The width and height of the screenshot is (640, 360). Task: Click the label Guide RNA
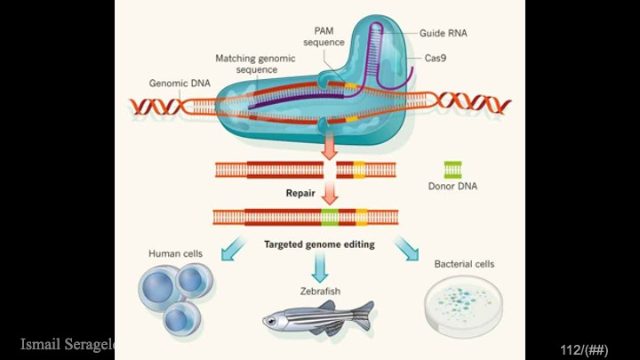click(x=444, y=33)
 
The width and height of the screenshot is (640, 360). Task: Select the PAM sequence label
click(x=324, y=36)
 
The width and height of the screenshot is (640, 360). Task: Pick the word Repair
click(x=300, y=192)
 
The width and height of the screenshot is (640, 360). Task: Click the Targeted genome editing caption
click(x=319, y=244)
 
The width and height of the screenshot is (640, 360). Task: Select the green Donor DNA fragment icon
click(x=452, y=169)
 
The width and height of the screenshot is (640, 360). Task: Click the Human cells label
click(x=174, y=253)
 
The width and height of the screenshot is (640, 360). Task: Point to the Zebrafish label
click(x=316, y=291)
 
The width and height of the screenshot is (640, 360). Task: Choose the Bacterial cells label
click(x=464, y=264)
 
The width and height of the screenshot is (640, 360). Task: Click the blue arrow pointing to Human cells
click(x=237, y=250)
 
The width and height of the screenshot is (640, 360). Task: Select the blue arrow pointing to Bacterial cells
click(x=405, y=250)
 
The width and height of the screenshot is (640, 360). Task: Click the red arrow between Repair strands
click(x=330, y=191)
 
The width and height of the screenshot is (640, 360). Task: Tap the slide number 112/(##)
click(x=584, y=349)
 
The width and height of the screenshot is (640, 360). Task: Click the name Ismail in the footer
click(x=43, y=344)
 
